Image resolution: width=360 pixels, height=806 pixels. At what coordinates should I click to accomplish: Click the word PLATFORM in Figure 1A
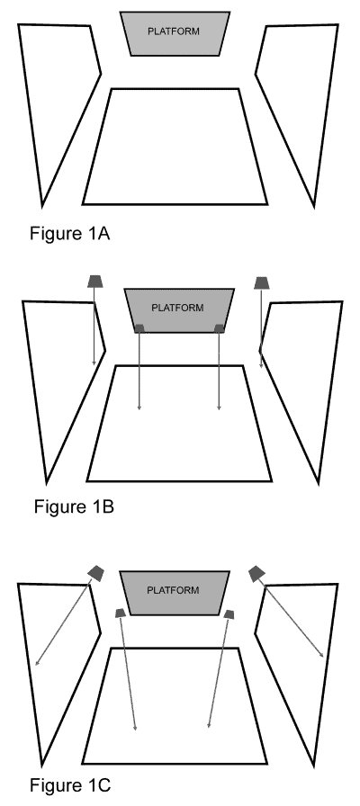click(x=174, y=31)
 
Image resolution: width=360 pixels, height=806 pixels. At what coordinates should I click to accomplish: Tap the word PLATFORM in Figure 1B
click(x=177, y=308)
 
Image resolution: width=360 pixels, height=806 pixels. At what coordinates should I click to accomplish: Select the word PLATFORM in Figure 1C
click(x=173, y=590)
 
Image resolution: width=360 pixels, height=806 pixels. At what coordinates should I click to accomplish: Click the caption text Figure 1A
click(x=70, y=233)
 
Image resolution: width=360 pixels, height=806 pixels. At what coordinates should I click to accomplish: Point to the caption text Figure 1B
click(x=74, y=506)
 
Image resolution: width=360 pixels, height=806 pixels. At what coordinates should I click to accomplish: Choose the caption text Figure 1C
click(x=70, y=785)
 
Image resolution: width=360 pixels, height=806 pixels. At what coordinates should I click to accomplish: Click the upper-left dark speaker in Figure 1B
click(x=95, y=282)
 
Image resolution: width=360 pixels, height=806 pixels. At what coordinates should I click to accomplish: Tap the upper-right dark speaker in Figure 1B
click(x=262, y=282)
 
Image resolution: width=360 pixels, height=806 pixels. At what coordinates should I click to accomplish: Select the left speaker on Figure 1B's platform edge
click(x=139, y=328)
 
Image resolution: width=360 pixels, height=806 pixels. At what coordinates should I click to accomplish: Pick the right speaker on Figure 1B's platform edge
click(x=220, y=328)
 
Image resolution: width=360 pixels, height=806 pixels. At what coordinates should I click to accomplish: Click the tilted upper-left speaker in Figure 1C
click(x=96, y=573)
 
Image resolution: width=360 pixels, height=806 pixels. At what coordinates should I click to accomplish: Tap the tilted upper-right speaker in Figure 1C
click(x=256, y=574)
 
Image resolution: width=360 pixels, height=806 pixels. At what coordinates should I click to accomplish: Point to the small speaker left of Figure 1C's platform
click(x=120, y=613)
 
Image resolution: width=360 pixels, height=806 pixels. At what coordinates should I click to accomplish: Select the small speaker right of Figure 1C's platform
click(x=229, y=614)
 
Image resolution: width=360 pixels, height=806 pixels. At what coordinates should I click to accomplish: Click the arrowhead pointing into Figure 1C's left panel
click(x=37, y=664)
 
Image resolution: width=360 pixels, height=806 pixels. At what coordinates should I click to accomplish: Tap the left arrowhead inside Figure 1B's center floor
click(x=139, y=408)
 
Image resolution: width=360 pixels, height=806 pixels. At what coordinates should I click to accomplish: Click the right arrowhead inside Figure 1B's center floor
click(x=219, y=408)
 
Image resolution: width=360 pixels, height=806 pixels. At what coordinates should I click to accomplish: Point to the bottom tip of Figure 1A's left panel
click(x=42, y=207)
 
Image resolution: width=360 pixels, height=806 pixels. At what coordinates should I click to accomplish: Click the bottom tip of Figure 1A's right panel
click(x=314, y=207)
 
